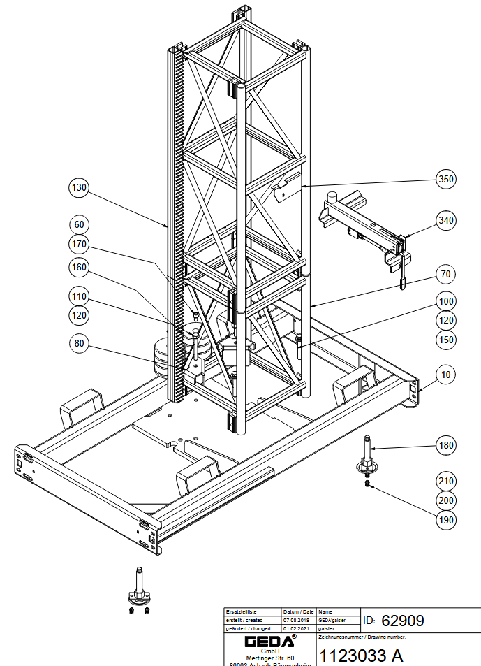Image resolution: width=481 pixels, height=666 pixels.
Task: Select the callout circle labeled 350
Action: pyautogui.click(x=446, y=179)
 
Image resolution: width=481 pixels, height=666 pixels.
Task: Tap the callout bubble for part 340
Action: pyautogui.click(x=446, y=220)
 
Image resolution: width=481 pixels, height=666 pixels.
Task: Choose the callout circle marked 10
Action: pyautogui.click(x=446, y=375)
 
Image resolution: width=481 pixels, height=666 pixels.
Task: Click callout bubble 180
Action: pyautogui.click(x=446, y=444)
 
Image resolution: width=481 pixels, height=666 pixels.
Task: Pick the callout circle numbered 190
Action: pyautogui.click(x=446, y=520)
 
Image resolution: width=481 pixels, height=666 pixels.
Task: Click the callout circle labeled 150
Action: pyautogui.click(x=446, y=340)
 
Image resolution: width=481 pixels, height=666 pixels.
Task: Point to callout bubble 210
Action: pyautogui.click(x=446, y=481)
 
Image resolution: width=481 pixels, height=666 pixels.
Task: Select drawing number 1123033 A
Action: pyautogui.click(x=361, y=656)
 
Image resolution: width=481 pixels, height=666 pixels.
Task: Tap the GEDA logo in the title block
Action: pyautogui.click(x=269, y=641)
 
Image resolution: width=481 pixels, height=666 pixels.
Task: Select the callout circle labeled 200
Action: pyautogui.click(x=446, y=500)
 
